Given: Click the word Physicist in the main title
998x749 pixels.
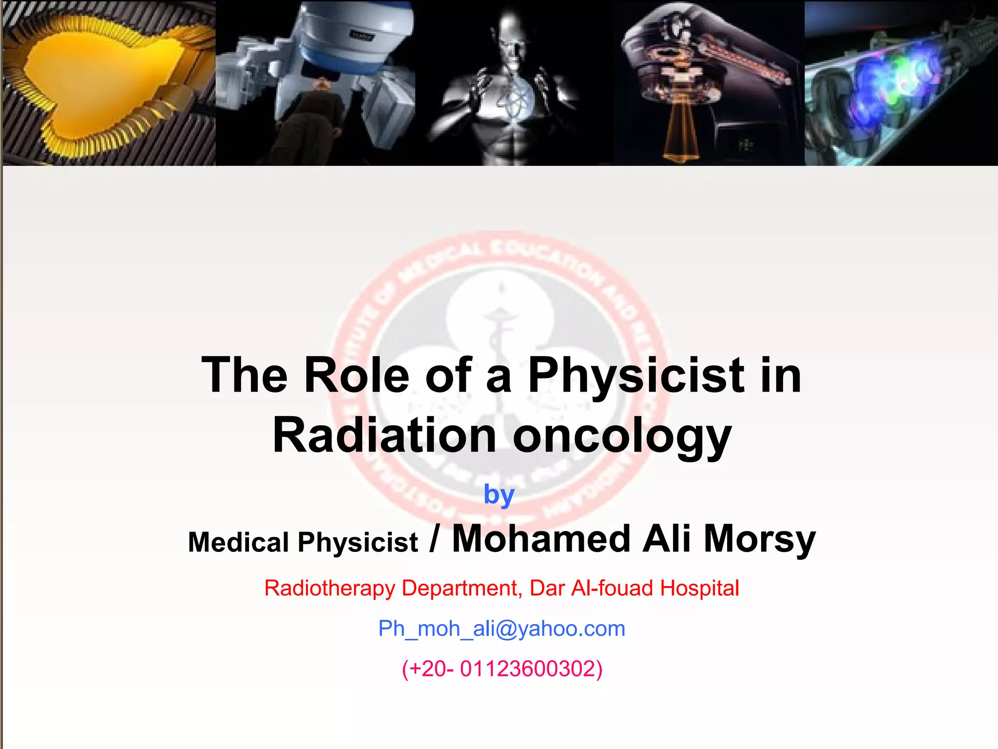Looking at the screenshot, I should (x=636, y=375).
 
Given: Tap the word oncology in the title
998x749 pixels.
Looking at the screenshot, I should (x=622, y=436).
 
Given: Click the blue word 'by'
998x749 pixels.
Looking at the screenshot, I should (x=499, y=495).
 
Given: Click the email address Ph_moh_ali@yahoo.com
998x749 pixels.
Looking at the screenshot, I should (x=501, y=629).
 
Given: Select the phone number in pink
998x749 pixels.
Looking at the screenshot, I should (x=502, y=669).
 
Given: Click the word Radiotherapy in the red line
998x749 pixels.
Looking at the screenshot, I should (x=329, y=589).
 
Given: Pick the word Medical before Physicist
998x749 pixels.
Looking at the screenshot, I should (x=238, y=542).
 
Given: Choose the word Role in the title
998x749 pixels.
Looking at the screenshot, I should (x=357, y=375).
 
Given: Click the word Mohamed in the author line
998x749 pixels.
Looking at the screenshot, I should (x=541, y=539).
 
